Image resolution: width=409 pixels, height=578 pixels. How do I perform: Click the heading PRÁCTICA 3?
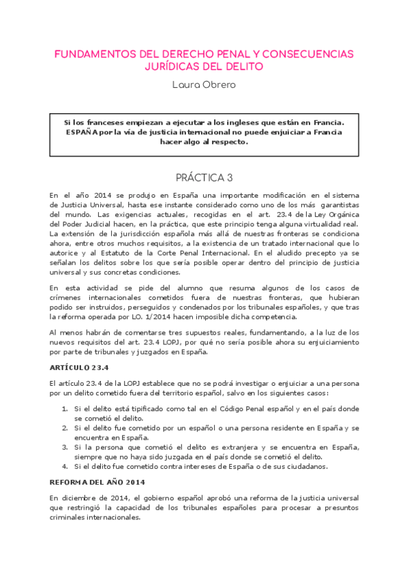[x=204, y=177]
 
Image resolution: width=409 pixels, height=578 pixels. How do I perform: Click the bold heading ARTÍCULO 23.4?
[x=79, y=366]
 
